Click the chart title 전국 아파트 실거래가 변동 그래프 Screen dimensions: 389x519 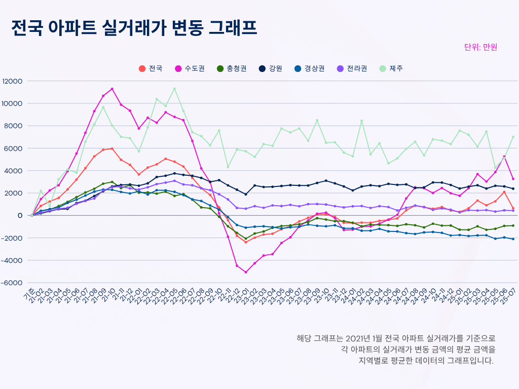[134, 28]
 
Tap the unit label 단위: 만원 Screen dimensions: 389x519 [480, 47]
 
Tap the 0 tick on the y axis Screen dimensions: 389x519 [20, 215]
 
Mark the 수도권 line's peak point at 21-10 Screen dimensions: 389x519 [112, 89]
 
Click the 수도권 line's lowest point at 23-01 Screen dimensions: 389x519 [246, 273]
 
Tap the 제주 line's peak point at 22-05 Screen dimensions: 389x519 [174, 89]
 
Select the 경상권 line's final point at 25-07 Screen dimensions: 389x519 [513, 239]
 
